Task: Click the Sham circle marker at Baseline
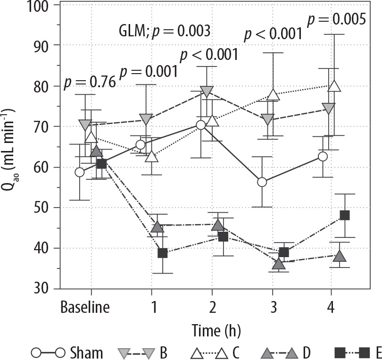coord(79,172)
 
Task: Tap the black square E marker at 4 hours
coord(344,215)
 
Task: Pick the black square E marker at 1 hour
coord(163,253)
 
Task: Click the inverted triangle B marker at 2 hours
coord(207,92)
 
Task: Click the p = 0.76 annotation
coord(90,82)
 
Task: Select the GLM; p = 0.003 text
coord(164,32)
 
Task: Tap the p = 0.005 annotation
coord(336,19)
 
